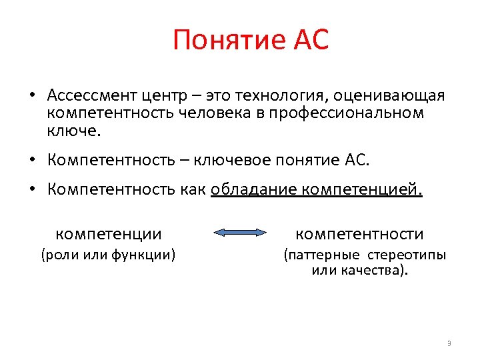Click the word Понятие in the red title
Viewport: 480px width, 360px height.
click(x=218, y=41)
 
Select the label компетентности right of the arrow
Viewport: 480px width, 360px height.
click(x=359, y=233)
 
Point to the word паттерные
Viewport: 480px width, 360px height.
click(x=324, y=255)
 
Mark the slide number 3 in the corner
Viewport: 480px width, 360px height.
click(x=449, y=343)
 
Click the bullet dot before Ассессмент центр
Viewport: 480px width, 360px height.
click(x=32, y=96)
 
